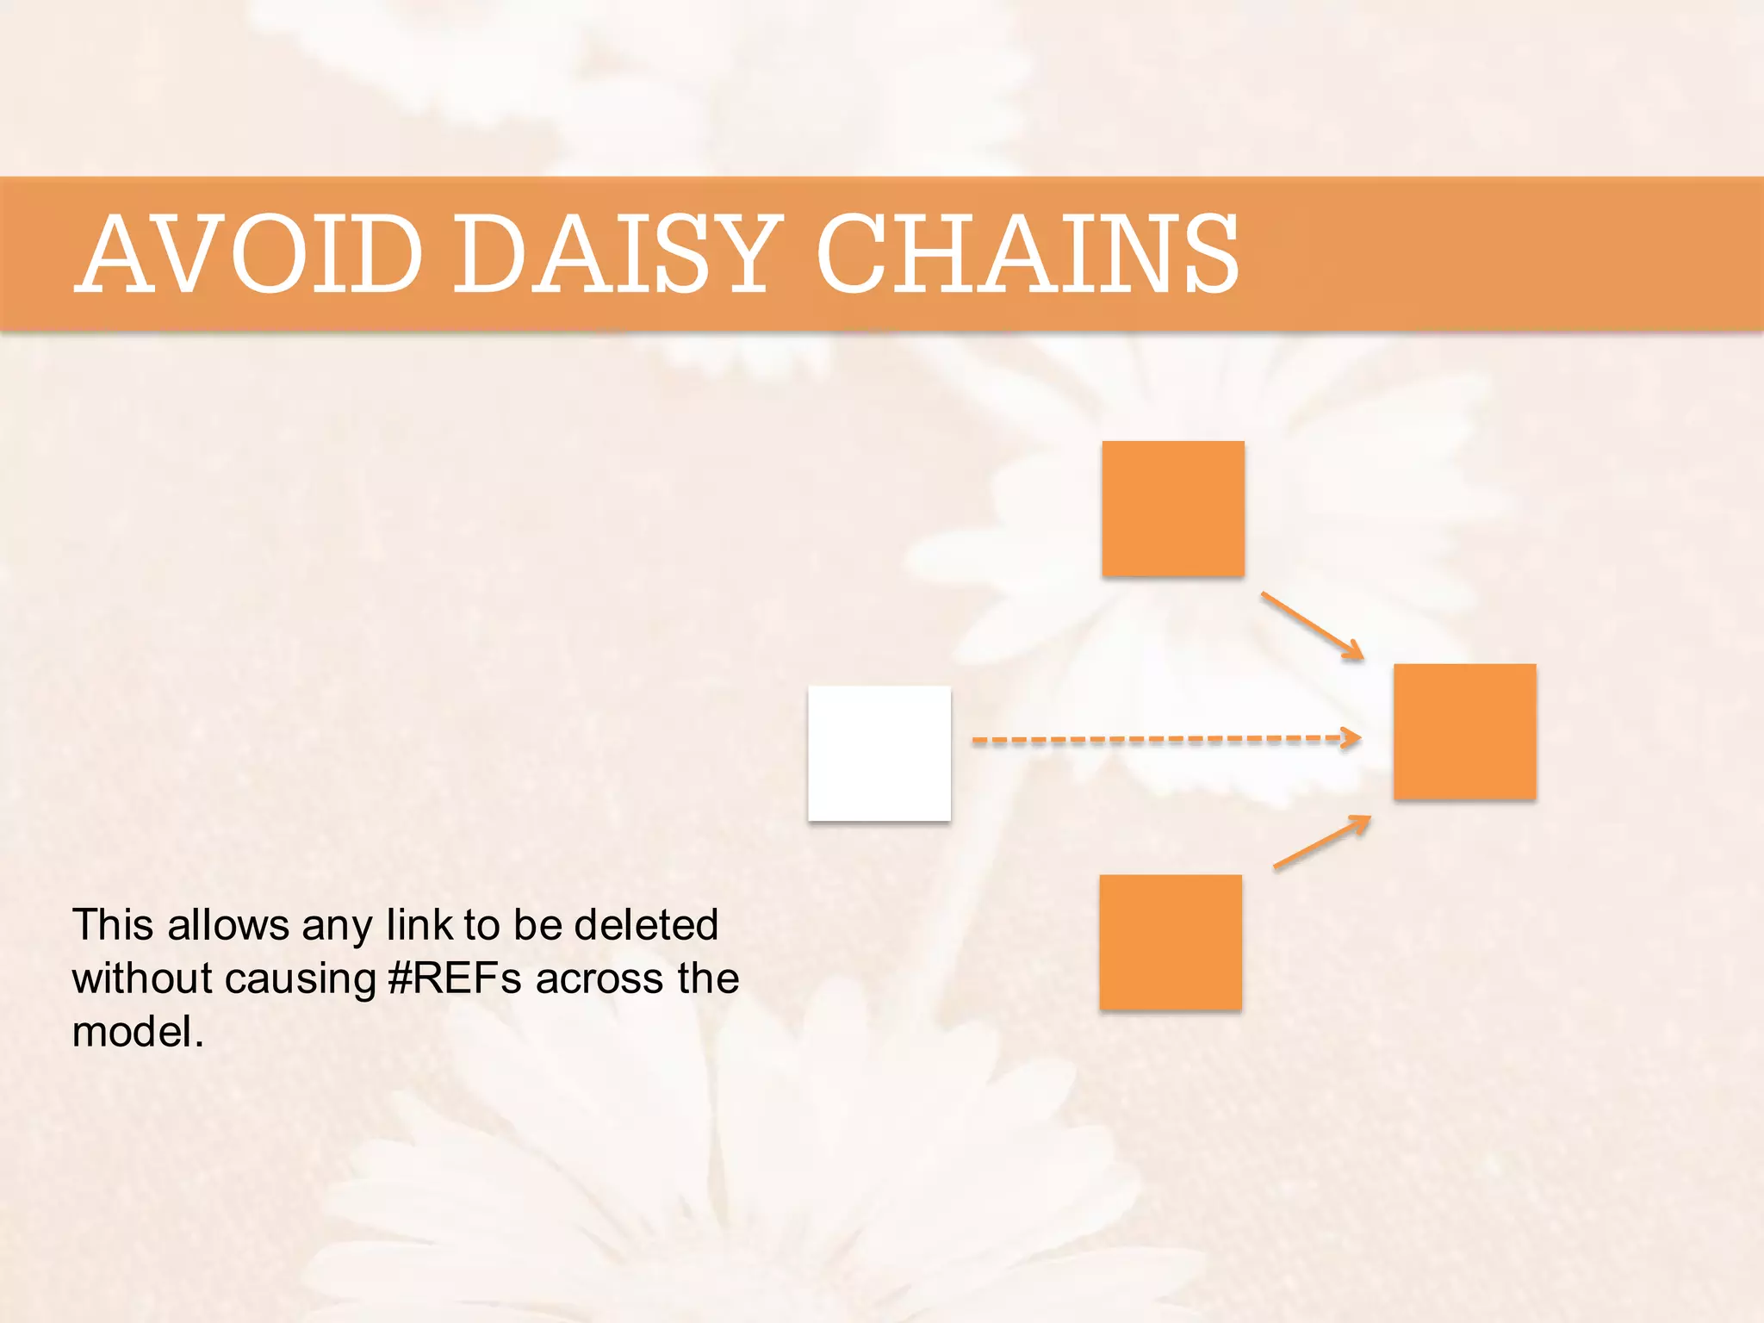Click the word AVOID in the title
pyautogui.click(x=250, y=254)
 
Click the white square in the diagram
pyautogui.click(x=879, y=753)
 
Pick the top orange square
pyautogui.click(x=1173, y=508)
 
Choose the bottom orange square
pyautogui.click(x=1171, y=941)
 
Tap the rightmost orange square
pyautogui.click(x=1465, y=731)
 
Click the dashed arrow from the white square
pyautogui.click(x=1154, y=739)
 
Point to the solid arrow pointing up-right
pyautogui.click(x=1320, y=842)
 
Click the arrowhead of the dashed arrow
pyautogui.click(x=1352, y=737)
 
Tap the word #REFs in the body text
pyautogui.click(x=455, y=978)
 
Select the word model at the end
pyautogui.click(x=134, y=1032)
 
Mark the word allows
pyautogui.click(x=228, y=925)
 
